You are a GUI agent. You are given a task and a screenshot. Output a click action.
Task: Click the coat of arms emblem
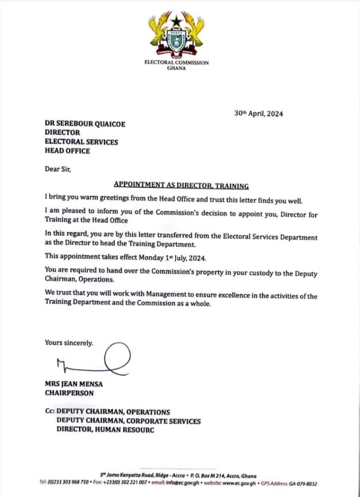coord(176,33)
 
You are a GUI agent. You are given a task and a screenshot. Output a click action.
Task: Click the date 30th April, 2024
coord(258,114)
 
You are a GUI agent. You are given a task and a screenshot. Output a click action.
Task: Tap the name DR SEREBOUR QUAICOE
coord(85,124)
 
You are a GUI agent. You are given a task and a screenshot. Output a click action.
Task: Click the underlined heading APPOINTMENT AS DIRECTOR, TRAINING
coord(181,185)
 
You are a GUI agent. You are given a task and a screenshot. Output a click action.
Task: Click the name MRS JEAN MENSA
coord(74,384)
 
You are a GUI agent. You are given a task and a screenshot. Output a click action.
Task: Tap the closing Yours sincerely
coord(69,343)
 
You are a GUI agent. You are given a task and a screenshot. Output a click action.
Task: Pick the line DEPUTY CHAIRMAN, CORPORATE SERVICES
coord(128,421)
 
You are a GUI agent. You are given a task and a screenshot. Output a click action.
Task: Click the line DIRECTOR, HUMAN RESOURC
coord(105,430)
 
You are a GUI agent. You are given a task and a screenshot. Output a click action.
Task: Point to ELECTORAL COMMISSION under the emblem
coord(177,63)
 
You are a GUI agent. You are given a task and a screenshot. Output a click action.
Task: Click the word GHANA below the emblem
coord(176,68)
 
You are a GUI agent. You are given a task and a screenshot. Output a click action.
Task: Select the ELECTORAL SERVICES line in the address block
coord(81,142)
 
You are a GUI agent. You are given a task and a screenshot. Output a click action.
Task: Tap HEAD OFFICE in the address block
coord(67,151)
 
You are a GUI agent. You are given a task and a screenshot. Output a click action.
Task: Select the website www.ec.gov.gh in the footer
coord(239,483)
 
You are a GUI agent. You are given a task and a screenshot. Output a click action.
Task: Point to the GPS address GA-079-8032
coord(301,483)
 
